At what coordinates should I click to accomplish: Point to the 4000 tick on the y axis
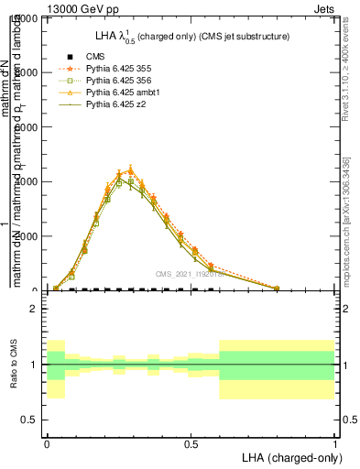tap(31, 181)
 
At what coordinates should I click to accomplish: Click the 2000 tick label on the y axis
tap(31, 236)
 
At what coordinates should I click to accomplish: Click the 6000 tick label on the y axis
tap(31, 127)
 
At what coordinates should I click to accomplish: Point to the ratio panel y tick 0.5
tap(33, 420)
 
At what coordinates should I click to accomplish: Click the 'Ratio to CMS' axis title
tap(13, 365)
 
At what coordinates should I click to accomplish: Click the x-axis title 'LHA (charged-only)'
tap(288, 456)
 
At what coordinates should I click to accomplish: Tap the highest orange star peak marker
tap(130, 169)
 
